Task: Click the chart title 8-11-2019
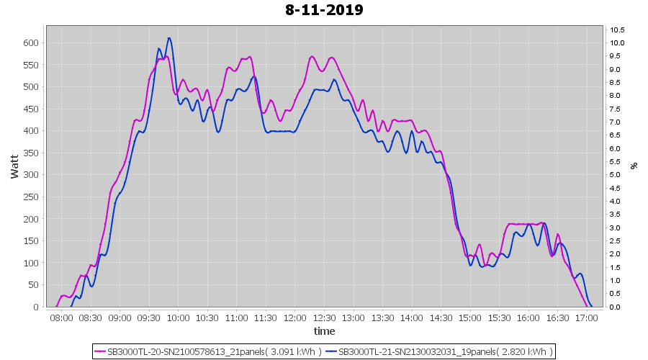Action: (324, 10)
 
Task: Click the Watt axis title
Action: (14, 166)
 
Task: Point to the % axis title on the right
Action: (634, 166)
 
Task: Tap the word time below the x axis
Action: (324, 331)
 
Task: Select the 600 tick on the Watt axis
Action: (30, 43)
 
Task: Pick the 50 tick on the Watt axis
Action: (32, 285)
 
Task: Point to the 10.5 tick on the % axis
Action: (617, 30)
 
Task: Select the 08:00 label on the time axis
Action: (61, 318)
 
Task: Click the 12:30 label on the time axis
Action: (324, 318)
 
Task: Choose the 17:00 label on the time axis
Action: (587, 318)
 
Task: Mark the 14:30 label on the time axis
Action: (441, 318)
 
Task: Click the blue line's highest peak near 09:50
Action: (169, 38)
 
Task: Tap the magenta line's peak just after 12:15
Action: (312, 56)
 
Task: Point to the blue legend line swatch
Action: (331, 352)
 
